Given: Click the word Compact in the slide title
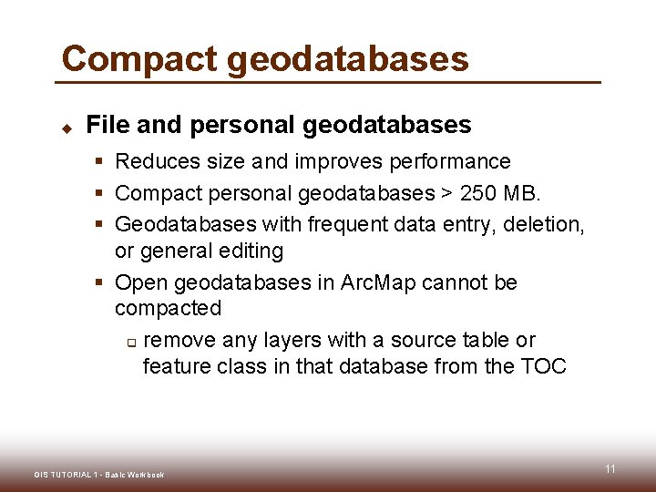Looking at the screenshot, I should click(139, 59).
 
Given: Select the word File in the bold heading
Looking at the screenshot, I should click(106, 125).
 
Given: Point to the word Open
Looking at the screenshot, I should click(140, 283).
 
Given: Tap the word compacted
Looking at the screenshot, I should click(168, 309).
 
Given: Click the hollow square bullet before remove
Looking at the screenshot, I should click(130, 343).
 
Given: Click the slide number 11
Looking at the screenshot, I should click(610, 469).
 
